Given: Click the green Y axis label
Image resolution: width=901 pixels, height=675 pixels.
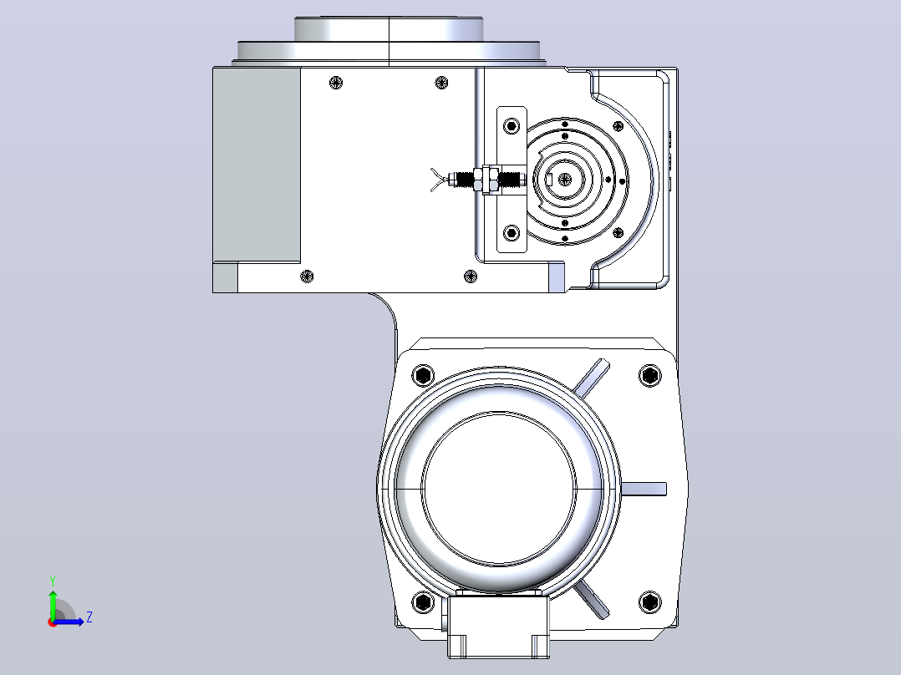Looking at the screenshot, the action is (53, 581).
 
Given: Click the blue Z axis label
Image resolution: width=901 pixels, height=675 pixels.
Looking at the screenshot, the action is (89, 617).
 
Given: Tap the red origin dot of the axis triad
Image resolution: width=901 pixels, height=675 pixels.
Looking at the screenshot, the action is (53, 622).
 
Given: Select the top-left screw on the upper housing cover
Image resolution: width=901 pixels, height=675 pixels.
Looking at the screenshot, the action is (336, 83).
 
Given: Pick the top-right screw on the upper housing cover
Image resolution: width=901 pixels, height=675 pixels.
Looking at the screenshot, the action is (442, 83).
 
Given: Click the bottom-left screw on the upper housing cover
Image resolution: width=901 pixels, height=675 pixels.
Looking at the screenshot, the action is (308, 277).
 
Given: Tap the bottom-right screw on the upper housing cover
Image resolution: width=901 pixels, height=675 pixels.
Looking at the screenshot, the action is (471, 277).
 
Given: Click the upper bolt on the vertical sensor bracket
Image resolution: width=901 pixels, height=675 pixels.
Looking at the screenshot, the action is (512, 126).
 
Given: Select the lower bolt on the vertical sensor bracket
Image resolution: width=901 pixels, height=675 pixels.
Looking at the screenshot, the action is (512, 233).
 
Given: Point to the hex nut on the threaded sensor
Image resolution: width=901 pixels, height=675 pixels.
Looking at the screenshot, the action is (489, 180).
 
